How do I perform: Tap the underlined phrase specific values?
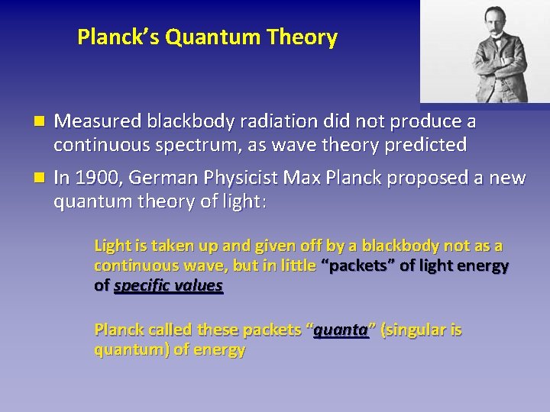[168, 286]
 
